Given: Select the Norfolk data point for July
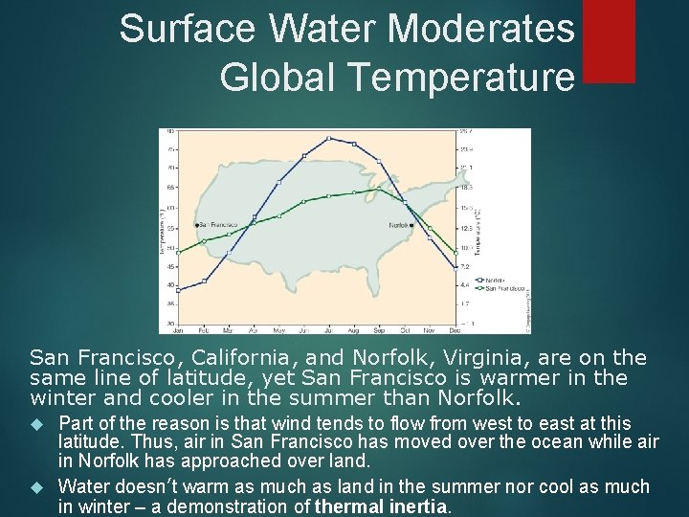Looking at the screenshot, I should point(328,138).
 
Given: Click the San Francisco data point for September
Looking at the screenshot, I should point(379,190).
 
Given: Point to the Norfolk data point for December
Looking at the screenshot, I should point(455,268).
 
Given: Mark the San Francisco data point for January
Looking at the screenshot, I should point(177,251).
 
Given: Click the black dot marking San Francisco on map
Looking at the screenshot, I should point(196,224).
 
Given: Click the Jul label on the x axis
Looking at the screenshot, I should point(328,329).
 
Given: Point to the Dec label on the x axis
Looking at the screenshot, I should point(455,329).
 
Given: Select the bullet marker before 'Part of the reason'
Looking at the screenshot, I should point(38,422).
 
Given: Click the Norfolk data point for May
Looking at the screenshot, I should point(278,182).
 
